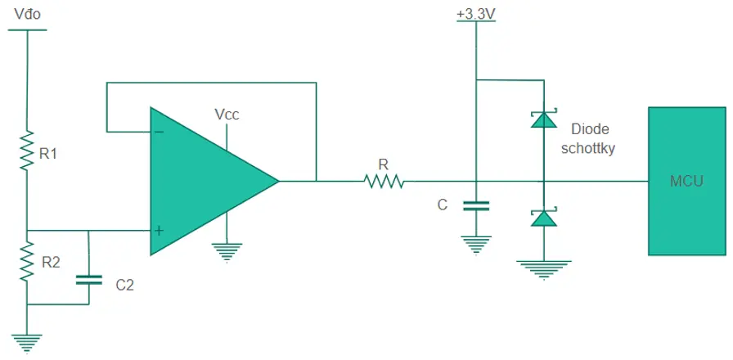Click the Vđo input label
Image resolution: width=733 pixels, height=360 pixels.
click(x=28, y=15)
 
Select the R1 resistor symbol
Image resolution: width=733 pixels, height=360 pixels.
click(x=27, y=151)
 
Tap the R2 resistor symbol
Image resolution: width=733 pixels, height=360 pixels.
click(x=27, y=261)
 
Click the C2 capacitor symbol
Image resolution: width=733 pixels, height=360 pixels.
click(x=88, y=280)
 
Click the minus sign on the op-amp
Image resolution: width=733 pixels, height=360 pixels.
click(x=160, y=132)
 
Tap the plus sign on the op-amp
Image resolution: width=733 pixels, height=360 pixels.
click(x=160, y=231)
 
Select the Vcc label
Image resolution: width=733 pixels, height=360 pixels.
click(x=227, y=115)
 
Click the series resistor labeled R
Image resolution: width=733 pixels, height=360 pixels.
click(x=384, y=181)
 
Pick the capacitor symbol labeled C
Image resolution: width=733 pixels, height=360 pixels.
click(x=476, y=205)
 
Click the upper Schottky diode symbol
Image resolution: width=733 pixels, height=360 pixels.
click(x=544, y=119)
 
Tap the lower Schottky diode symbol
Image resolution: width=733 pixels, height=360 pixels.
click(x=544, y=217)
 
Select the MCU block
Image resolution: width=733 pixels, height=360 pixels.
click(x=686, y=181)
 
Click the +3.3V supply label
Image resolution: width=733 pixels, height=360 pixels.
click(x=476, y=15)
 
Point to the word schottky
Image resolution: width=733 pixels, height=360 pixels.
click(x=587, y=149)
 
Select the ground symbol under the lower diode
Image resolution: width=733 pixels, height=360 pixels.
click(x=544, y=270)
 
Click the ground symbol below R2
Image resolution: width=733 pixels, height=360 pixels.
click(x=27, y=344)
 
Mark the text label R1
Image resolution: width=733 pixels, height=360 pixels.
click(x=47, y=154)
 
